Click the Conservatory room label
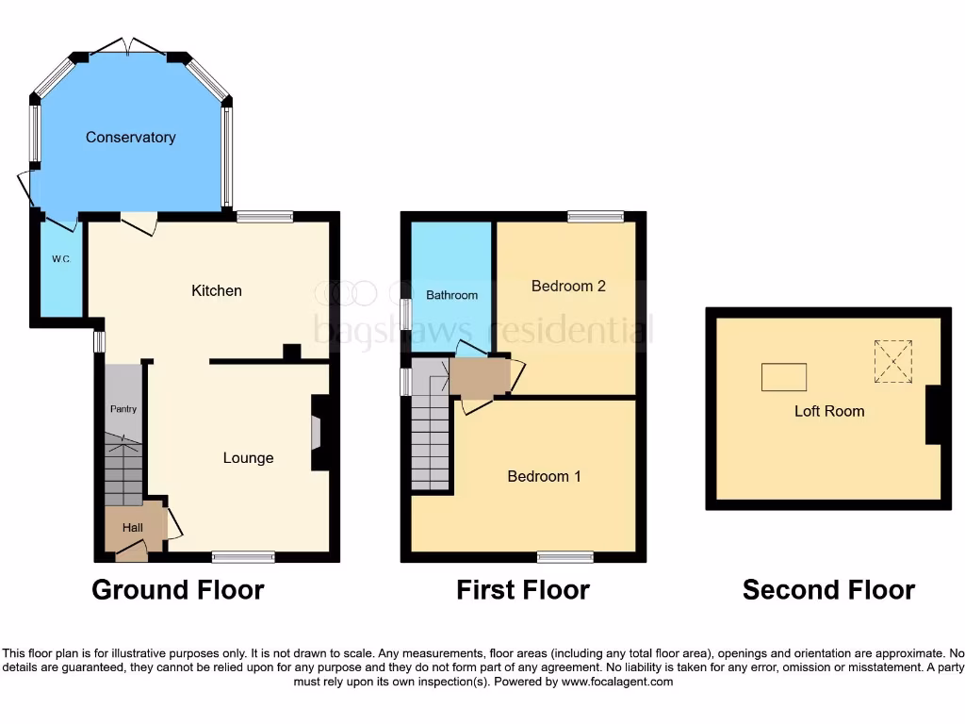pyautogui.click(x=130, y=138)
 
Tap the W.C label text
pyautogui.click(x=61, y=258)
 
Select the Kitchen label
pyautogui.click(x=217, y=290)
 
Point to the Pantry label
pyautogui.click(x=123, y=409)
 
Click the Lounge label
pyautogui.click(x=248, y=458)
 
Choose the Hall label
pyautogui.click(x=133, y=528)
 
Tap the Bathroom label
pyautogui.click(x=451, y=295)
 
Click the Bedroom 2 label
pyautogui.click(x=568, y=286)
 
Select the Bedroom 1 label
pyautogui.click(x=544, y=476)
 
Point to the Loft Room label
pyautogui.click(x=829, y=411)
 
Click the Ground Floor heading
pyautogui.click(x=177, y=590)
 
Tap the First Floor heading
pyautogui.click(x=523, y=590)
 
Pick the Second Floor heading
pyautogui.click(x=828, y=590)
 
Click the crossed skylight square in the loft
pyautogui.click(x=893, y=362)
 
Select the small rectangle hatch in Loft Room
pyautogui.click(x=784, y=377)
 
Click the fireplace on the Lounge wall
pyautogui.click(x=318, y=433)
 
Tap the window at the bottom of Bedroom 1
pyautogui.click(x=565, y=556)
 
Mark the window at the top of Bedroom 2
pyautogui.click(x=596, y=217)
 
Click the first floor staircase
pyautogui.click(x=431, y=443)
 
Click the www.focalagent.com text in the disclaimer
pyautogui.click(x=617, y=682)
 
